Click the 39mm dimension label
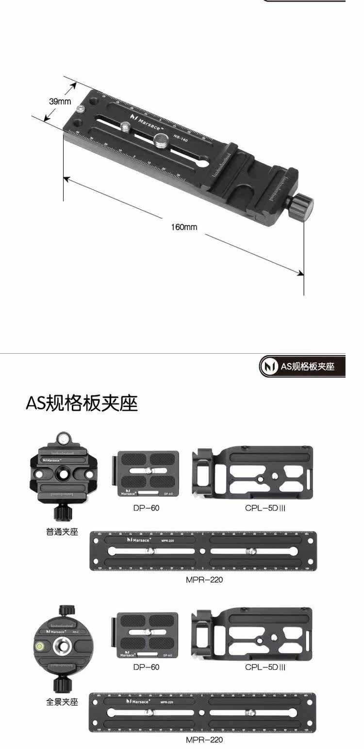pos(60,101)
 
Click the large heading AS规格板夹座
pos(82,403)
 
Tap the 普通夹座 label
pos(62,531)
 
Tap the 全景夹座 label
pos(62,702)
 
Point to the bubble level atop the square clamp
pos(62,439)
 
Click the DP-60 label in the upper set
pos(146,508)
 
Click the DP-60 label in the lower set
pos(146,667)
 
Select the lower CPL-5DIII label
pos(265,667)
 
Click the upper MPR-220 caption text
pos(204,579)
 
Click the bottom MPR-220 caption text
pos(204,740)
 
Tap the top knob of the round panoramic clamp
pos(64,611)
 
